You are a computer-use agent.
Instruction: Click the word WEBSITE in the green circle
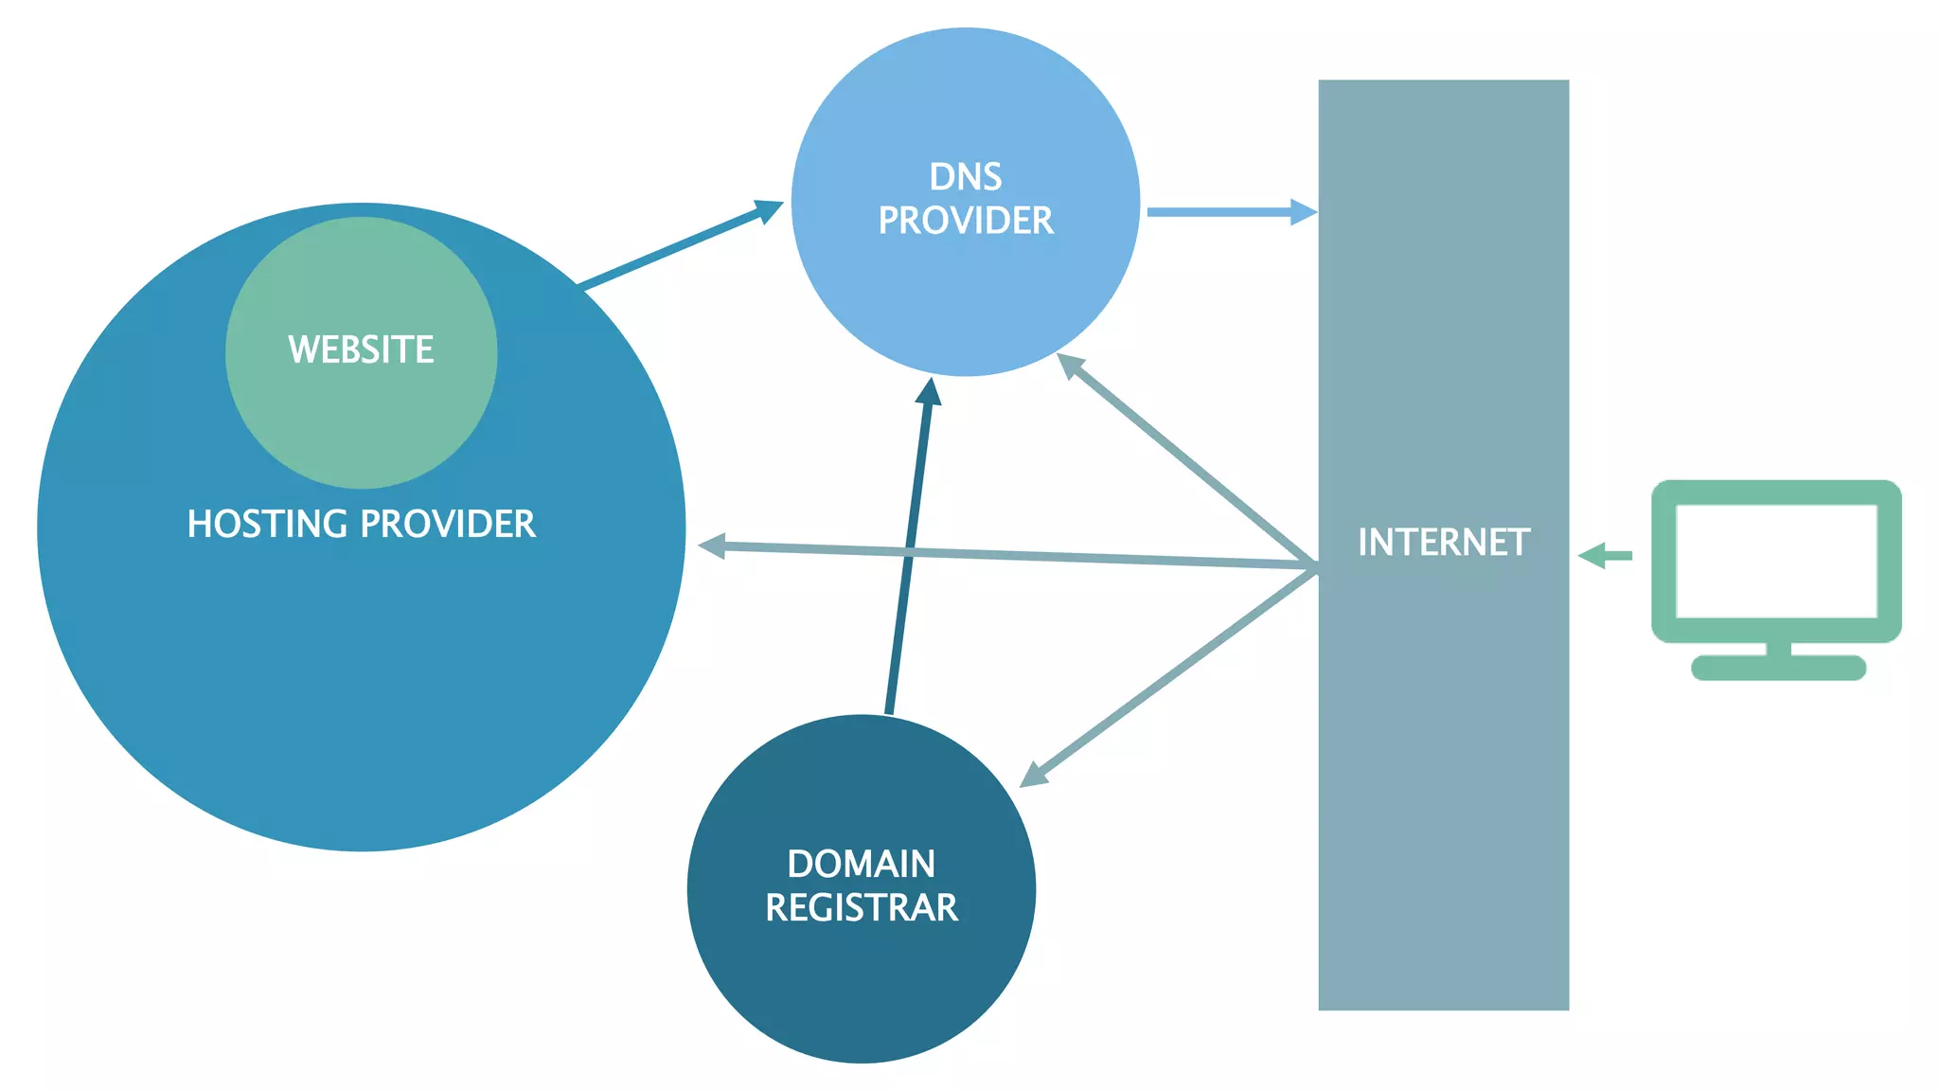click(x=361, y=349)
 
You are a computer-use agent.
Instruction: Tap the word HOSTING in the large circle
click(x=267, y=524)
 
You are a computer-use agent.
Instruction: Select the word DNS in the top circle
click(x=965, y=177)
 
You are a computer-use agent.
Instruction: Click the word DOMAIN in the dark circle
click(x=861, y=864)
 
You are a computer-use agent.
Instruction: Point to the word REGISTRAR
click(x=861, y=907)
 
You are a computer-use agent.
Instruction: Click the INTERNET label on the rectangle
click(x=1443, y=543)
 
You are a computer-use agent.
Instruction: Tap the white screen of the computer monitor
click(x=1776, y=561)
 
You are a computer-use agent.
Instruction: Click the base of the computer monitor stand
click(x=1778, y=668)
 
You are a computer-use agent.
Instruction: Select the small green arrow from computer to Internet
click(x=1606, y=556)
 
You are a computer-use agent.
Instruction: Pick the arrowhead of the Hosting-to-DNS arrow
click(x=769, y=209)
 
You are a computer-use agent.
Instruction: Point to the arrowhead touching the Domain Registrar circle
click(x=1034, y=775)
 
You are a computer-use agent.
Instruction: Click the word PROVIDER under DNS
click(x=965, y=221)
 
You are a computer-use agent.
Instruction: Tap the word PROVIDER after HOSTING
click(x=448, y=524)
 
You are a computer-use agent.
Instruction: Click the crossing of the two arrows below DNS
click(x=911, y=552)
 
